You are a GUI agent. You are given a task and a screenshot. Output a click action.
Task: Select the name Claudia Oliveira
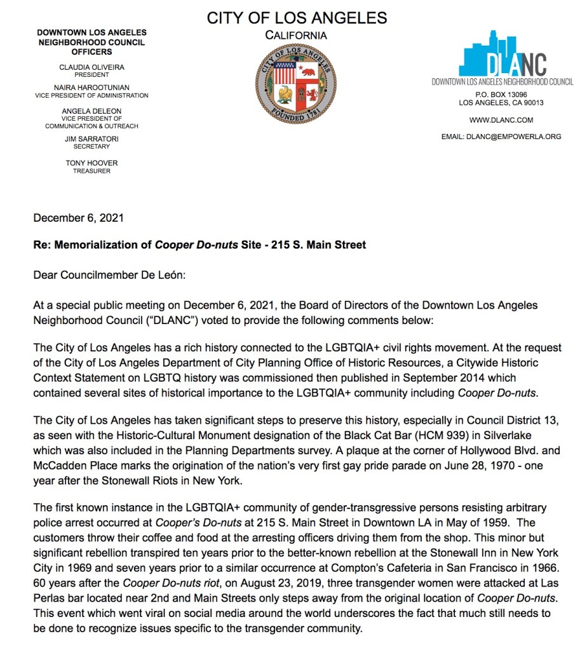point(91,67)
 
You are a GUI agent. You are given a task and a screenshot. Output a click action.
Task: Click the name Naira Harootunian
point(91,87)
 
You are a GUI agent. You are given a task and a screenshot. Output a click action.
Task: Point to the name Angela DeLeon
point(91,111)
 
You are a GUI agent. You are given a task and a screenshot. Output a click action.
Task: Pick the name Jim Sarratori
point(91,139)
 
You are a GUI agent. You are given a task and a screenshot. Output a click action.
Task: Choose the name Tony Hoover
point(91,163)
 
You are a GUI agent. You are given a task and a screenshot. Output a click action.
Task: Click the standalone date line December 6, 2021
point(78,218)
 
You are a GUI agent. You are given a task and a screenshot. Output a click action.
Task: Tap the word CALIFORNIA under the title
point(296,36)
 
